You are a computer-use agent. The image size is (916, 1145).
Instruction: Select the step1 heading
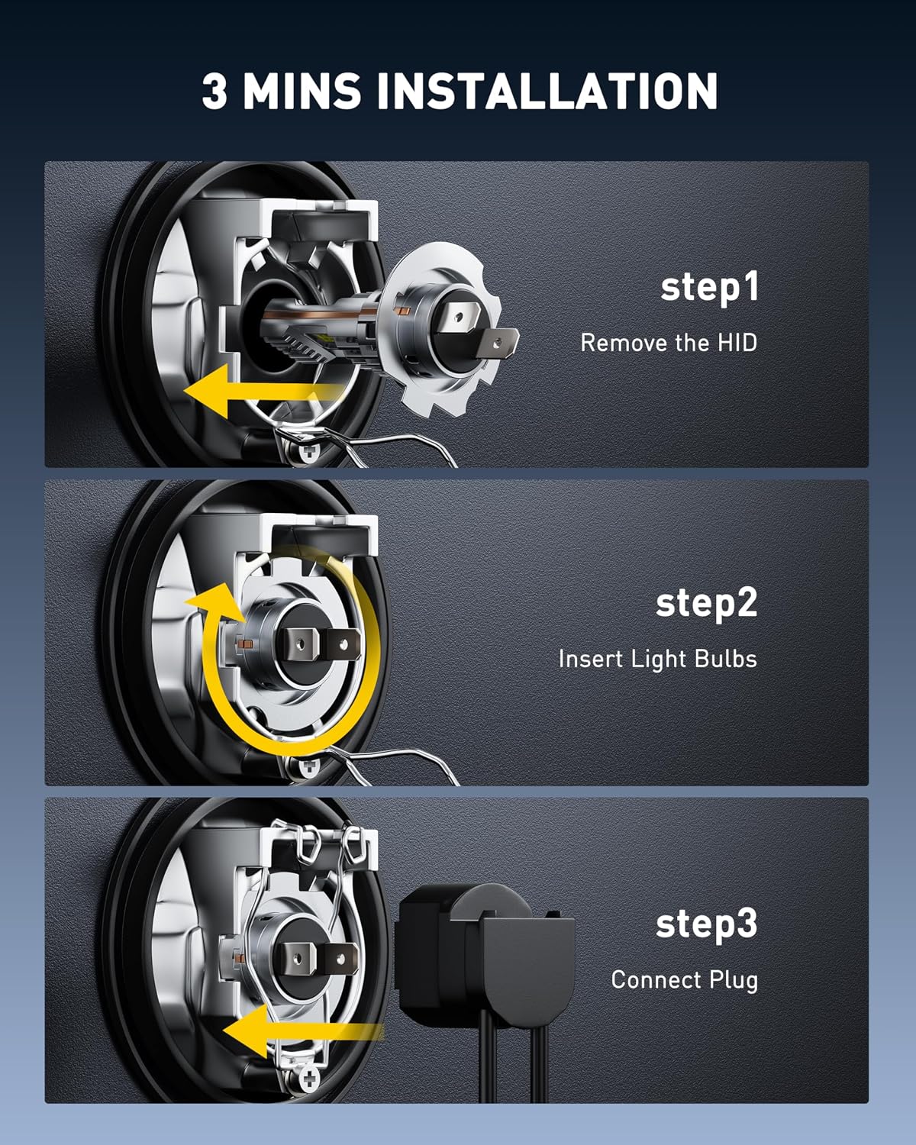pyautogui.click(x=709, y=287)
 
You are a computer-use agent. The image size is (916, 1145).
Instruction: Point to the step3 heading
pyautogui.click(x=706, y=925)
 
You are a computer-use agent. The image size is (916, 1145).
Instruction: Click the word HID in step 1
pyautogui.click(x=737, y=343)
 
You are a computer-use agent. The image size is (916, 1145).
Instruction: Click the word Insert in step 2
pyautogui.click(x=591, y=659)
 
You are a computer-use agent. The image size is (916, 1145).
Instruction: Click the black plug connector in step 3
pyautogui.click(x=485, y=948)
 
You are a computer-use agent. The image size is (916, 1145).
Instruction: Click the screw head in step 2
pyautogui.click(x=308, y=767)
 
